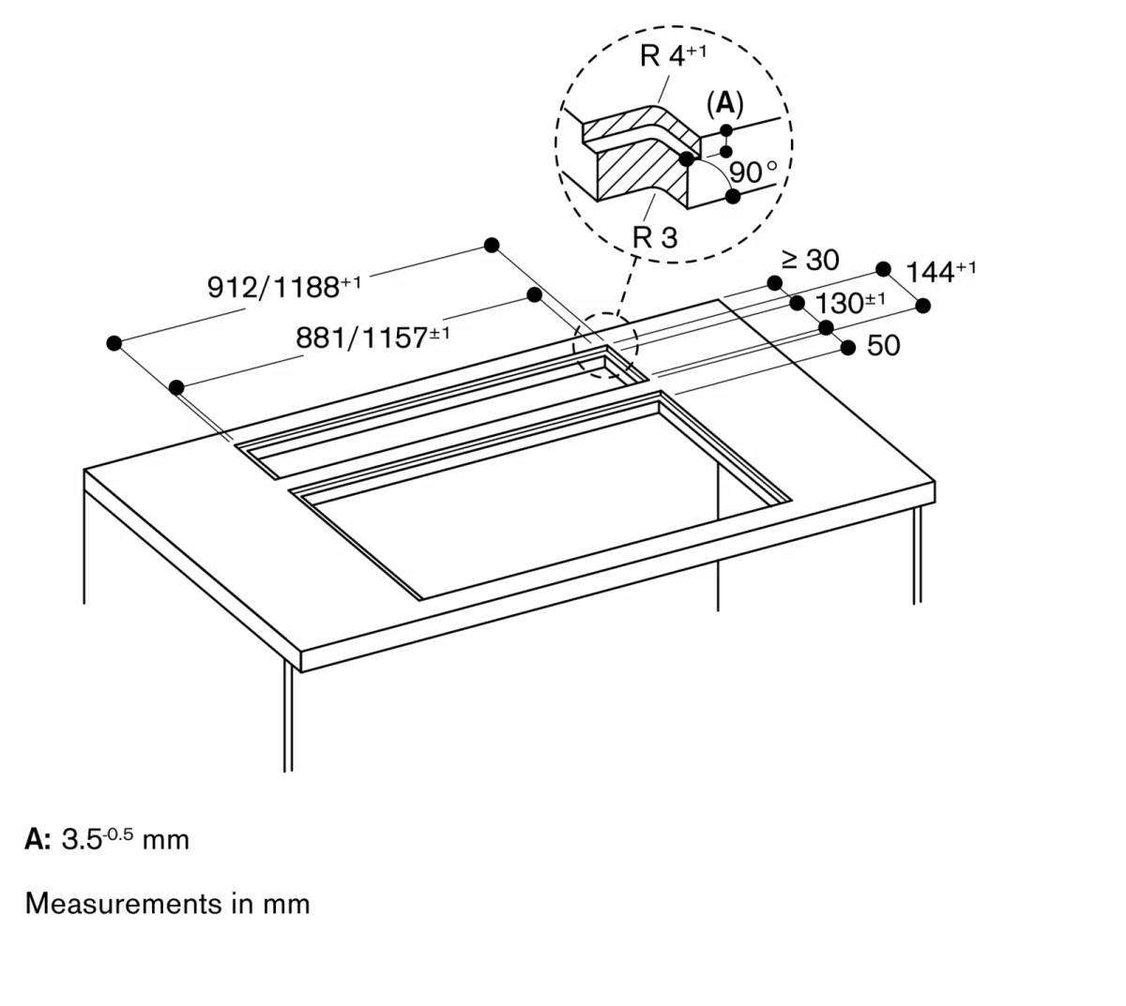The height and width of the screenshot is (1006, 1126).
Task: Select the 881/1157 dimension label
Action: pos(373,337)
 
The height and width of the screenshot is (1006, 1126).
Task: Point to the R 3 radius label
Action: pos(654,237)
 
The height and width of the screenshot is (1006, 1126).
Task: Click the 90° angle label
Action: pos(753,173)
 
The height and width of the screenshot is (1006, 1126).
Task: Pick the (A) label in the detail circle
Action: pos(724,103)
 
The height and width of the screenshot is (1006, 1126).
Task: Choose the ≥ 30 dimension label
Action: pos(811,260)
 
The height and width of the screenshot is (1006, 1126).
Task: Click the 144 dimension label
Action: pos(940,272)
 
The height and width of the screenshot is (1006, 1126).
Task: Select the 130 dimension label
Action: pos(850,304)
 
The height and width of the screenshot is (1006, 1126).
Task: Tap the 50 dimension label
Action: pos(883,346)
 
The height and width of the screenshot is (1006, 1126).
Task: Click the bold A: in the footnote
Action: pos(38,839)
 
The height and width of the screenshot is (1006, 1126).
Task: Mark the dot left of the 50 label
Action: pos(848,348)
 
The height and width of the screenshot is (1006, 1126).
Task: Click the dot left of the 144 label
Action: pos(883,269)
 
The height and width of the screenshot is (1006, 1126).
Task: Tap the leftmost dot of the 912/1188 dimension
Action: pos(114,343)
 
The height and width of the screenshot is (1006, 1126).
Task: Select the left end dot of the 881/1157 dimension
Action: pos(176,386)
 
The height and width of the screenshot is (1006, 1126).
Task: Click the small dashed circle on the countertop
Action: pos(605,348)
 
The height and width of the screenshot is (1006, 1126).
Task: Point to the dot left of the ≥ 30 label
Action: pos(774,283)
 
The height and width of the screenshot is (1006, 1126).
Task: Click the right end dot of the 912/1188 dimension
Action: pos(492,246)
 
